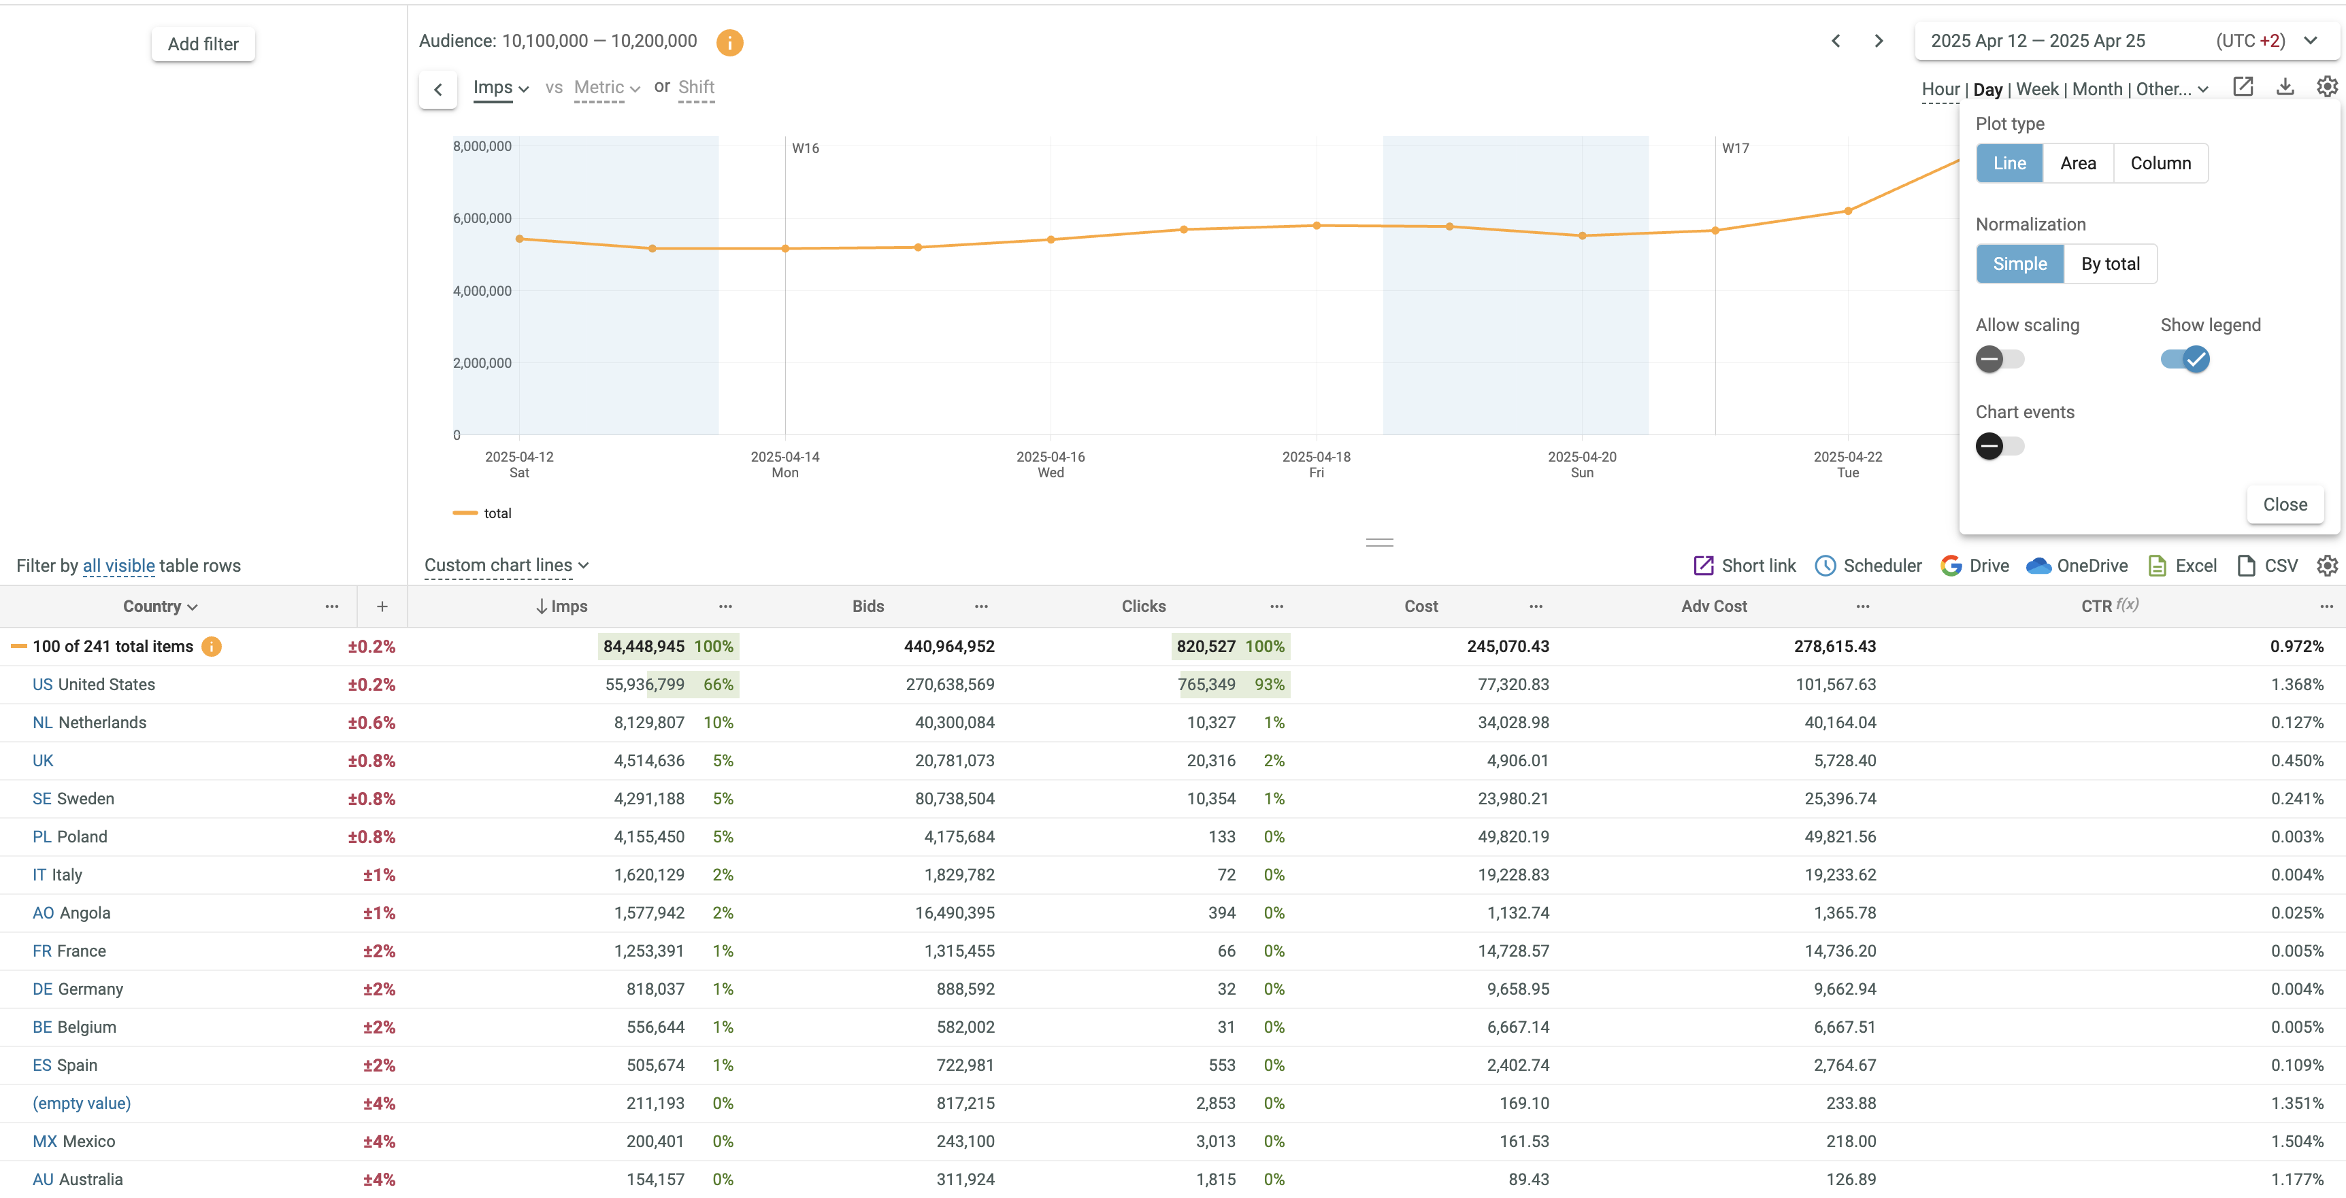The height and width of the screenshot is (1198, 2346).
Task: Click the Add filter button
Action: coord(202,44)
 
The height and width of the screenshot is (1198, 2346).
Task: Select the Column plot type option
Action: coord(2160,163)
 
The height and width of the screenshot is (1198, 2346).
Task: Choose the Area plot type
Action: coord(2077,163)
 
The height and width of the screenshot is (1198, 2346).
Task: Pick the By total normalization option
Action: coord(2109,264)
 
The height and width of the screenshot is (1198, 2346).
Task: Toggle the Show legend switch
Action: coord(2184,360)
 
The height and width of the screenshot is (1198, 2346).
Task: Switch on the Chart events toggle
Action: coord(1999,446)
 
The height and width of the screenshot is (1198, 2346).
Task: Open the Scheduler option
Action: coord(1869,565)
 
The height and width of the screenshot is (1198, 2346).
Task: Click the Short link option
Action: coord(1745,565)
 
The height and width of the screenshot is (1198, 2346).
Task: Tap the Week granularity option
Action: coord(2036,89)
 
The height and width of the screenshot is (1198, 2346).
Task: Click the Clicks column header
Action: coord(1143,606)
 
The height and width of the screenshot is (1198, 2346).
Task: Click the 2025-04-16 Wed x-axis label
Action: coord(1050,464)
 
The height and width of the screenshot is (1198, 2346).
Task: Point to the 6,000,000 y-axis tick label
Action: coord(482,218)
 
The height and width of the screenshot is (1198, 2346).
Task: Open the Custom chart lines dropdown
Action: coord(506,565)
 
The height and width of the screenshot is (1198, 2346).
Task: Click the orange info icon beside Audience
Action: coord(729,42)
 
